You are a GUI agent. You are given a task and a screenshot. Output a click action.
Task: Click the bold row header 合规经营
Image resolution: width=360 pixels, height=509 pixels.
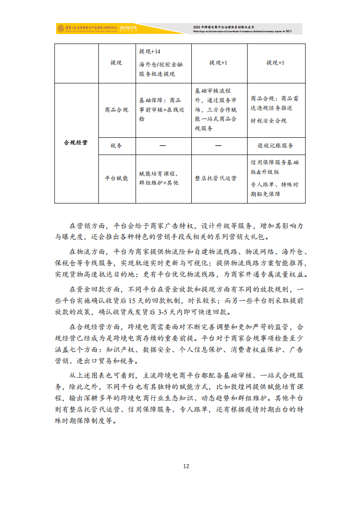[x=76, y=143]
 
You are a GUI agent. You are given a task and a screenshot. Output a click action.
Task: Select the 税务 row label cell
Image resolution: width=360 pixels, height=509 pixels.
[x=117, y=145]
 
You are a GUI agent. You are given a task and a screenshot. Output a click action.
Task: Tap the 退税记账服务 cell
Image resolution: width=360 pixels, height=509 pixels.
[x=275, y=145]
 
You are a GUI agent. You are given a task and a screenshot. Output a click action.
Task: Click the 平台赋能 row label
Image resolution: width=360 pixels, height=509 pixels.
[x=117, y=178]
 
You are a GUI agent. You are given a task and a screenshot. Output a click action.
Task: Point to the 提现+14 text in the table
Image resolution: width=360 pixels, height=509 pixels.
[x=150, y=51]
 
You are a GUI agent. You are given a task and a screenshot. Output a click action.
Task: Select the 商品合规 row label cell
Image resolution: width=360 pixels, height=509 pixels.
[x=117, y=110]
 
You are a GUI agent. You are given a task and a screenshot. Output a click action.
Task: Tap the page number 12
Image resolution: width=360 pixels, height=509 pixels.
[x=186, y=466]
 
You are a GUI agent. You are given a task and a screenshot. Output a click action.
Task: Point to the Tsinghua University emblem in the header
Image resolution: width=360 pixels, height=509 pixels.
[x=60, y=29]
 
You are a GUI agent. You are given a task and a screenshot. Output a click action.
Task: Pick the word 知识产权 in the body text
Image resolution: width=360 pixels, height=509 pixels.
[x=120, y=349]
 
